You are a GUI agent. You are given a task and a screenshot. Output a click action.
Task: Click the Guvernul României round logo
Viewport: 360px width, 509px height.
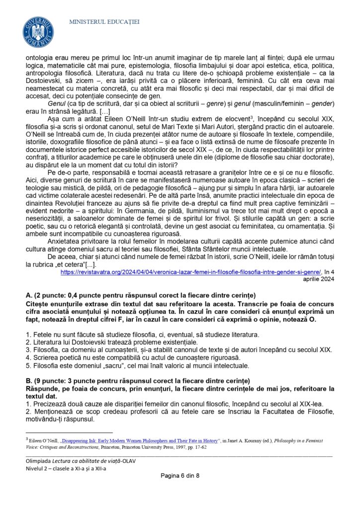[38, 31]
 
